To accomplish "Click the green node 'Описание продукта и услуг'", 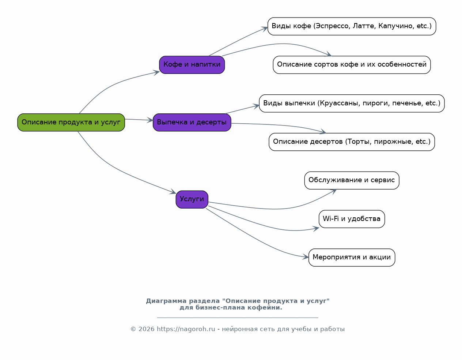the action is [71, 122].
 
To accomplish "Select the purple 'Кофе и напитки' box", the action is [192, 65].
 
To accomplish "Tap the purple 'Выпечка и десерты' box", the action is [192, 122].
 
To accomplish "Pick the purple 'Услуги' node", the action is [192, 199].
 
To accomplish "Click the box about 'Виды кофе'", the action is [352, 26].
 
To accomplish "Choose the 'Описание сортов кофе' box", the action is [352, 65].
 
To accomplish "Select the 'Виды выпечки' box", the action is [352, 103].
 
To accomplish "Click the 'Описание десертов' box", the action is [352, 142].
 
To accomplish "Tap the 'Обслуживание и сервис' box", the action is [352, 180].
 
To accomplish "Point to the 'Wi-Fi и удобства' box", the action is [352, 219].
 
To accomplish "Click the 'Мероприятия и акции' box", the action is [352, 257].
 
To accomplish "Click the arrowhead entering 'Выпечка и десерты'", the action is [150, 120].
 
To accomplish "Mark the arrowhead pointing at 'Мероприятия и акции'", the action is [306, 257].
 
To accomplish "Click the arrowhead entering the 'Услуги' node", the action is [173, 191].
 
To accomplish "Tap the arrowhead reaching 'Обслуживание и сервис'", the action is [333, 191].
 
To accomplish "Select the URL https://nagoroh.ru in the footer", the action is [186, 329].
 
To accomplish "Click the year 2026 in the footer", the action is [146, 329].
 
